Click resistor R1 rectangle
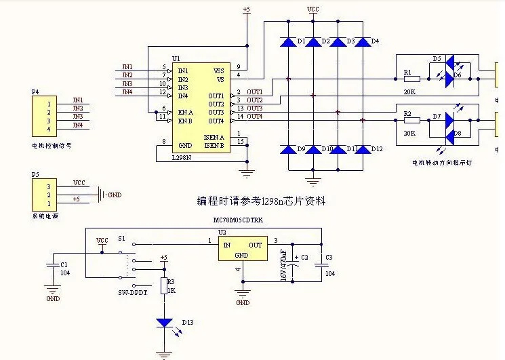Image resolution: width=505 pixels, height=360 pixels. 411,79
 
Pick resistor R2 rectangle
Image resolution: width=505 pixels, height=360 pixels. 411,121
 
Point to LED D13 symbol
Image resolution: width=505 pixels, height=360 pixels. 163,323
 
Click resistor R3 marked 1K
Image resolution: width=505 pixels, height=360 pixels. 163,285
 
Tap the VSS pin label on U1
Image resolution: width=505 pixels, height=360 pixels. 218,71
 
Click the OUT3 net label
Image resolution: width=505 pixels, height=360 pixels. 254,108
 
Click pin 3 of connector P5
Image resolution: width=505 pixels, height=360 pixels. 49,186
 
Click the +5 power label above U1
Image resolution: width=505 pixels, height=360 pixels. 246,9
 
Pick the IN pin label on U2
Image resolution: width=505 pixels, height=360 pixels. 226,244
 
